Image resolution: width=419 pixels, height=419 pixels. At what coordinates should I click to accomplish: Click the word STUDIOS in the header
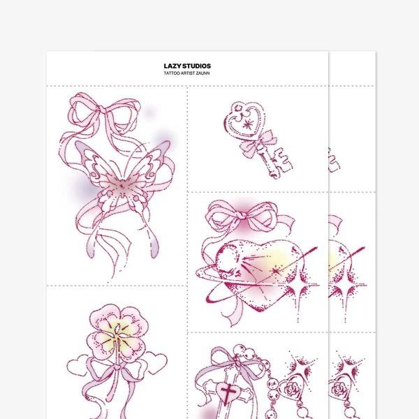(197, 66)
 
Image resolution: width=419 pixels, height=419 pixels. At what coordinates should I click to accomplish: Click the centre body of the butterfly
(122, 186)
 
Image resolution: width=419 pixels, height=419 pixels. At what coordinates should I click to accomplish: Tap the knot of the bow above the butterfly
(102, 109)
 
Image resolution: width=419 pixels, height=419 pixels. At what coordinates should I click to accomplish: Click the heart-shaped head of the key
(244, 119)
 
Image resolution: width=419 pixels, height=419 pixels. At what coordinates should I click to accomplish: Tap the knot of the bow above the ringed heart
(242, 214)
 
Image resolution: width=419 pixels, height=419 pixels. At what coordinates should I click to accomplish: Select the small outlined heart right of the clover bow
(156, 362)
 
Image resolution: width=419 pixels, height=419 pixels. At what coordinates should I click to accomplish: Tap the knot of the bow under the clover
(118, 367)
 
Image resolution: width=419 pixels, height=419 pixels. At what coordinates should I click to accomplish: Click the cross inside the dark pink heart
(228, 392)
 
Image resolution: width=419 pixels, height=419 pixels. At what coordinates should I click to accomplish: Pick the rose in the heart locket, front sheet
(291, 389)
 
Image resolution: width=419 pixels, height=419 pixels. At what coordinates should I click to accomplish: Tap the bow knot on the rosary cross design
(237, 362)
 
